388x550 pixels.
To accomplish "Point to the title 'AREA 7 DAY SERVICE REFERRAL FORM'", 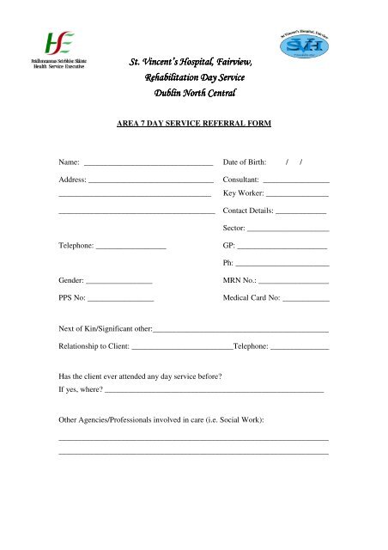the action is click(x=194, y=124).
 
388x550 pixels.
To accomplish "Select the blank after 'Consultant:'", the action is click(x=296, y=181).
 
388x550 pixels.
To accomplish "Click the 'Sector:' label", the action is click(x=233, y=229).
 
